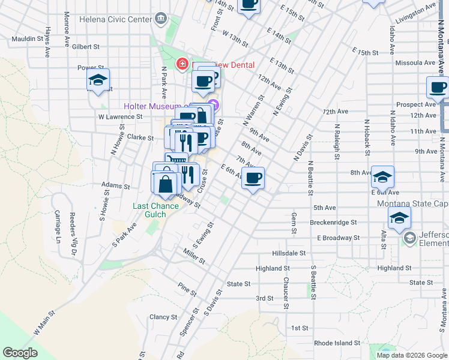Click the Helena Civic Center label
point(121,19)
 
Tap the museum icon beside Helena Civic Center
point(161,19)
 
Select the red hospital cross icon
point(181,64)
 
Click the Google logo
point(20,352)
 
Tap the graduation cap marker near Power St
point(98,80)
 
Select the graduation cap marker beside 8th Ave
point(382,177)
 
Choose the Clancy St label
point(163,317)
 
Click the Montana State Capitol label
point(412,204)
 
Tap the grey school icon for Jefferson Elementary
point(410,238)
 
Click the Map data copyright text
point(411,355)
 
